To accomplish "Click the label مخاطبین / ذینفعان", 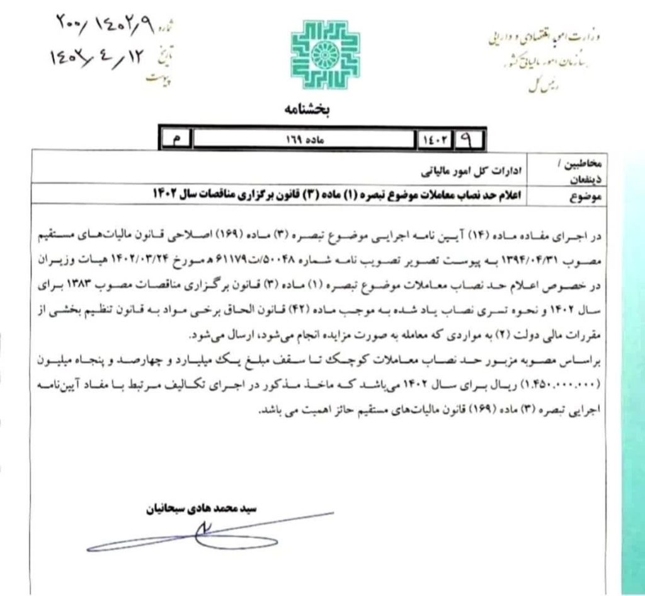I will (x=586, y=171).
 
